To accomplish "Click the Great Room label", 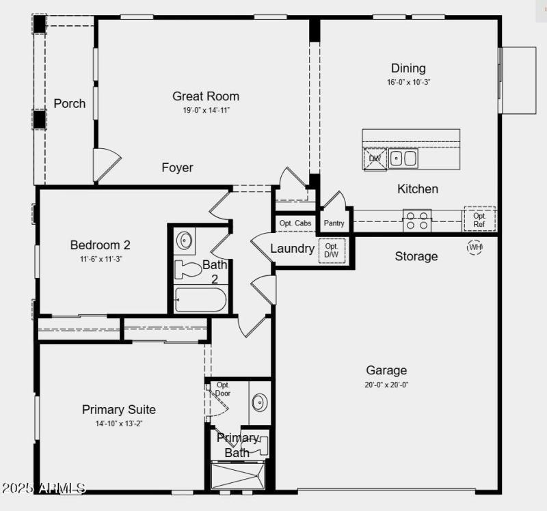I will (206, 96).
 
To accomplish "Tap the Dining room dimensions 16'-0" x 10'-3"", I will (408, 82).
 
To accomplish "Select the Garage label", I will (386, 370).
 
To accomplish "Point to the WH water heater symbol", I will (475, 247).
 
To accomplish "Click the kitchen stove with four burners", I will (416, 221).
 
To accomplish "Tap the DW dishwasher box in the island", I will (375, 159).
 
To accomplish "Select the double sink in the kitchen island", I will (403, 159).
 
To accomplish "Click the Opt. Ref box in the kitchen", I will (479, 219).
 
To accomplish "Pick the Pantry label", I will (334, 223).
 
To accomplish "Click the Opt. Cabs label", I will (295, 223).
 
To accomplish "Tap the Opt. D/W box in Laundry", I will (332, 251).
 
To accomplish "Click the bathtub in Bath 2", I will (200, 300).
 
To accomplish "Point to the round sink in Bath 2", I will (185, 240).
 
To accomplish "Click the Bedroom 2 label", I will (101, 245).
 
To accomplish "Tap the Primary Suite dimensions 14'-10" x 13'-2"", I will (119, 424).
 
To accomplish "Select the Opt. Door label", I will (223, 389).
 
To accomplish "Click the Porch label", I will (70, 103).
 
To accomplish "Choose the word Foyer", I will (177, 167).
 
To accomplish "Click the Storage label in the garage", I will (416, 256).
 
